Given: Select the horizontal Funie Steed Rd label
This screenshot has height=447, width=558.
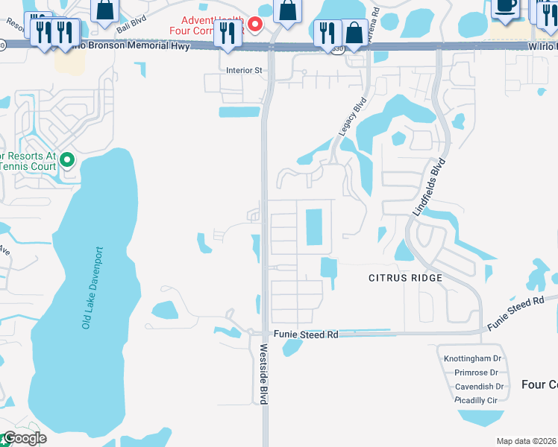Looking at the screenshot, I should [306, 335].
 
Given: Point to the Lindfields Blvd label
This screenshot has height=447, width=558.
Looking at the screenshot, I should [430, 187].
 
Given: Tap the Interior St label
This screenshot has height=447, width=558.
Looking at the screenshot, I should [245, 71].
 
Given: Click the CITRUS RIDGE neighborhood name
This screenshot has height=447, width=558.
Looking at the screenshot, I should [406, 278].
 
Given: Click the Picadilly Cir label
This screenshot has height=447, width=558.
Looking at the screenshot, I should [476, 400].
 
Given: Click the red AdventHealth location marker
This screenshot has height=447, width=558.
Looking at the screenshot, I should [255, 25].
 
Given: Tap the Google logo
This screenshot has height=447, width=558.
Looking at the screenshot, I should [24, 438].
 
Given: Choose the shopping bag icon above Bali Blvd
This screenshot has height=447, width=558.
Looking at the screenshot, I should [105, 9].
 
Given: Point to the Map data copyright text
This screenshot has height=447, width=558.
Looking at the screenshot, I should [527, 441].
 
